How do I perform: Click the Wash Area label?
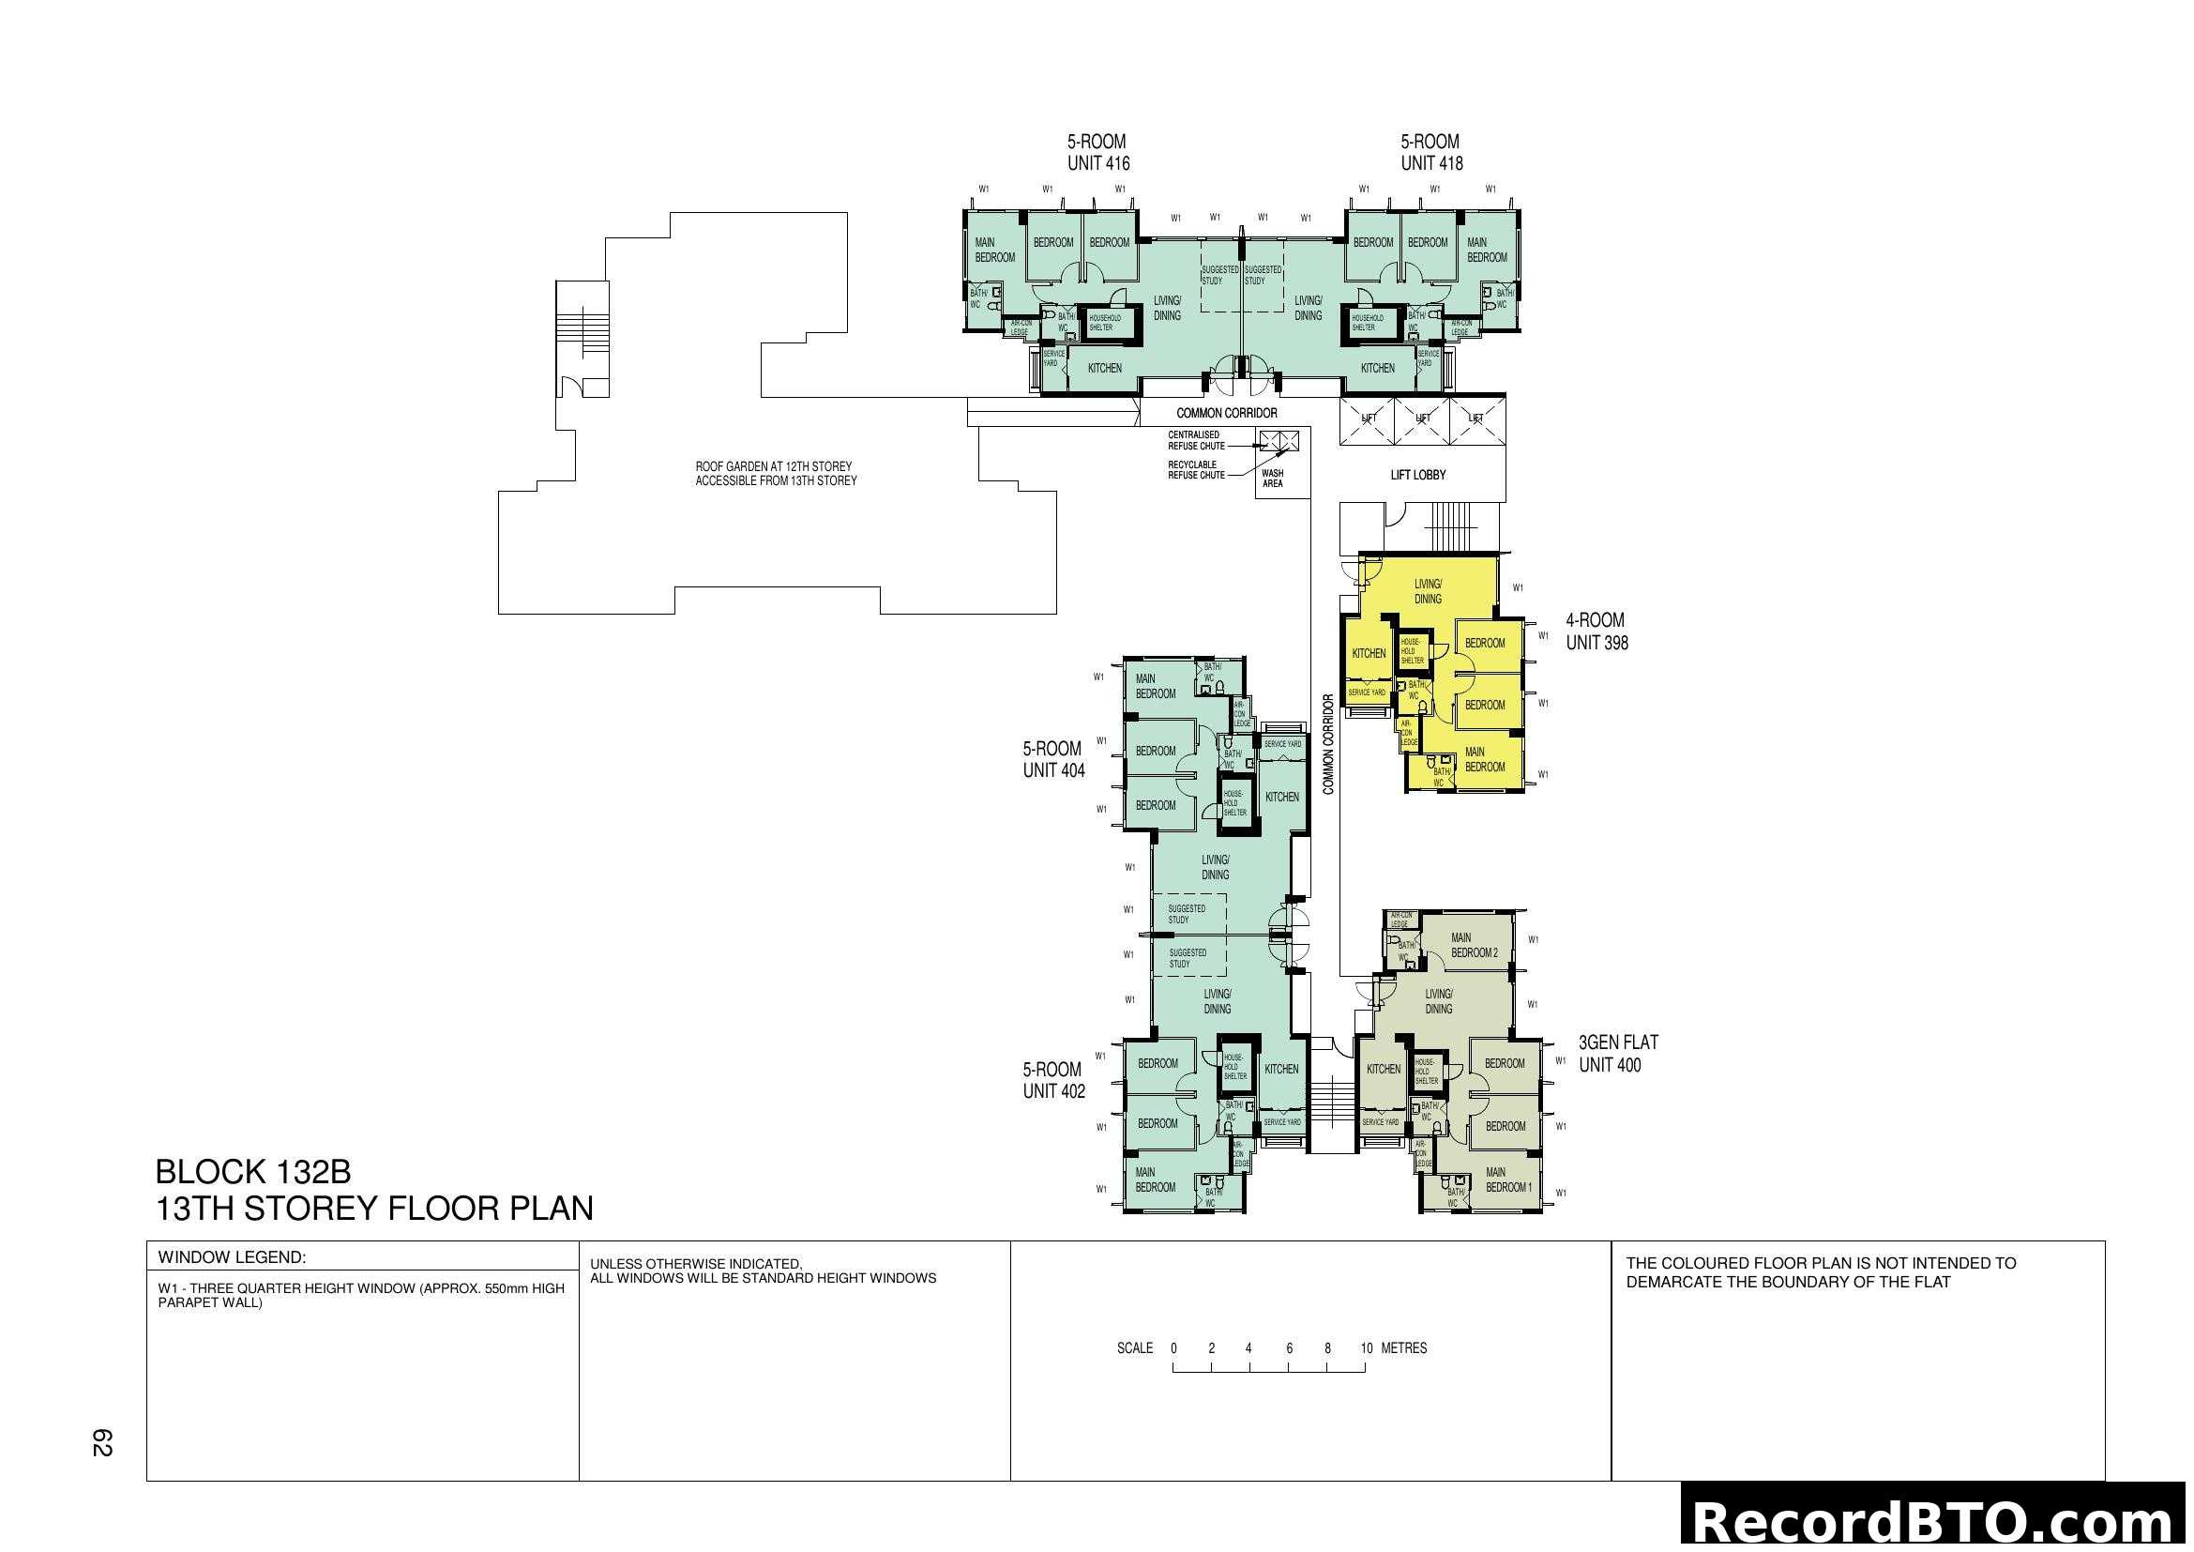point(1272,479)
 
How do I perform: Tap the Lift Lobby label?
point(1417,475)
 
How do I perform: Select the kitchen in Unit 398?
point(1369,654)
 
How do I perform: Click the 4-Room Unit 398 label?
point(1596,631)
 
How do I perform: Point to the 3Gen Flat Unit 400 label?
point(1618,1053)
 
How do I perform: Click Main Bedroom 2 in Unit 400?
point(1474,945)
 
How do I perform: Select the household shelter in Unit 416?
point(1105,323)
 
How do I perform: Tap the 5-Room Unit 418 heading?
point(1430,153)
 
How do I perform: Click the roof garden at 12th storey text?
point(775,474)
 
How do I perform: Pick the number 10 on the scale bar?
point(1366,1348)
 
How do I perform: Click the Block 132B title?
point(253,1172)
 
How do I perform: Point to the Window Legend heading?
point(233,1257)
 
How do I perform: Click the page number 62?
point(102,1442)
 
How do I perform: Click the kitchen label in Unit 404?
point(1281,797)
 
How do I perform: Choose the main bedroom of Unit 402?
point(1156,1179)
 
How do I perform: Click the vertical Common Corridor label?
point(1328,744)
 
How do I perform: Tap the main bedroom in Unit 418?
point(1486,251)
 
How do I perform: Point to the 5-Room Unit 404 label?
point(1053,760)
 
